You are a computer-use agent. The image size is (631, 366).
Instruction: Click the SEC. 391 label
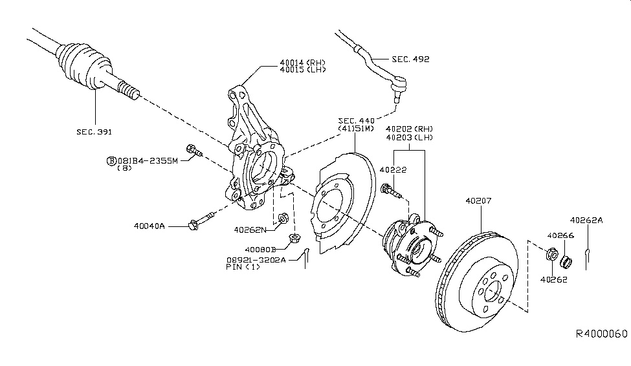pyautogui.click(x=94, y=132)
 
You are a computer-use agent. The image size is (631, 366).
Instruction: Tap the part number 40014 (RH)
pyautogui.click(x=302, y=63)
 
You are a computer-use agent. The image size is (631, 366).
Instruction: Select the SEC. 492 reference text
pyautogui.click(x=411, y=59)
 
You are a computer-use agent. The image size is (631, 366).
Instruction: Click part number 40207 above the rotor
pyautogui.click(x=478, y=201)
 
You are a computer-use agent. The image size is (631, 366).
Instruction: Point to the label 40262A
pyautogui.click(x=586, y=220)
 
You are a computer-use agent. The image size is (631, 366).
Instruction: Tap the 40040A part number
pyautogui.click(x=150, y=226)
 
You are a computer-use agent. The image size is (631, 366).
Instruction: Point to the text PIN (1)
pyautogui.click(x=243, y=267)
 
